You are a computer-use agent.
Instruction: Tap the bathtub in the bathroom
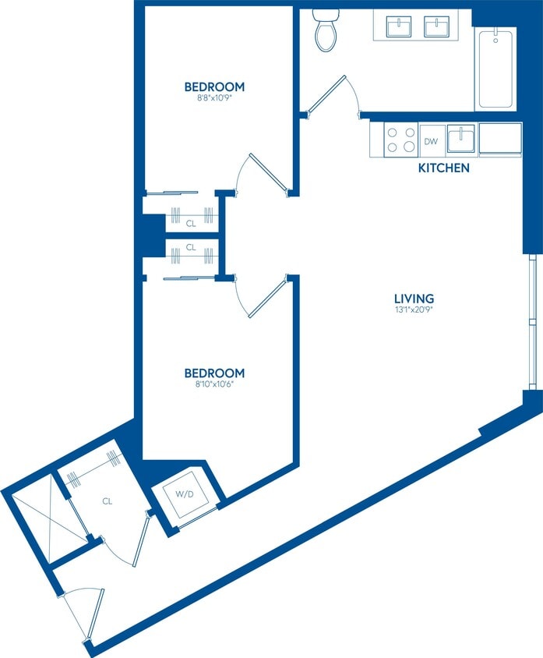(495, 69)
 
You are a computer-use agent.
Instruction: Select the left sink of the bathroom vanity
(399, 27)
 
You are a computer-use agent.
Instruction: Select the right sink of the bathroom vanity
(436, 27)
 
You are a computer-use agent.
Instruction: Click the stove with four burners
(400, 140)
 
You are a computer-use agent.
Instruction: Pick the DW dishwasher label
(431, 142)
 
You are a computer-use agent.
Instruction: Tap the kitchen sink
(460, 140)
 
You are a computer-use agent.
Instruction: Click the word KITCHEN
(444, 168)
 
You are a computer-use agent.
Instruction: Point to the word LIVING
(414, 299)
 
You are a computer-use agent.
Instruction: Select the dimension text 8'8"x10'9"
(214, 99)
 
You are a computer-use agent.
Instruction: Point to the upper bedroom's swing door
(265, 173)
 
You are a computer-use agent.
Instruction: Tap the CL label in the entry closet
(107, 501)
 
